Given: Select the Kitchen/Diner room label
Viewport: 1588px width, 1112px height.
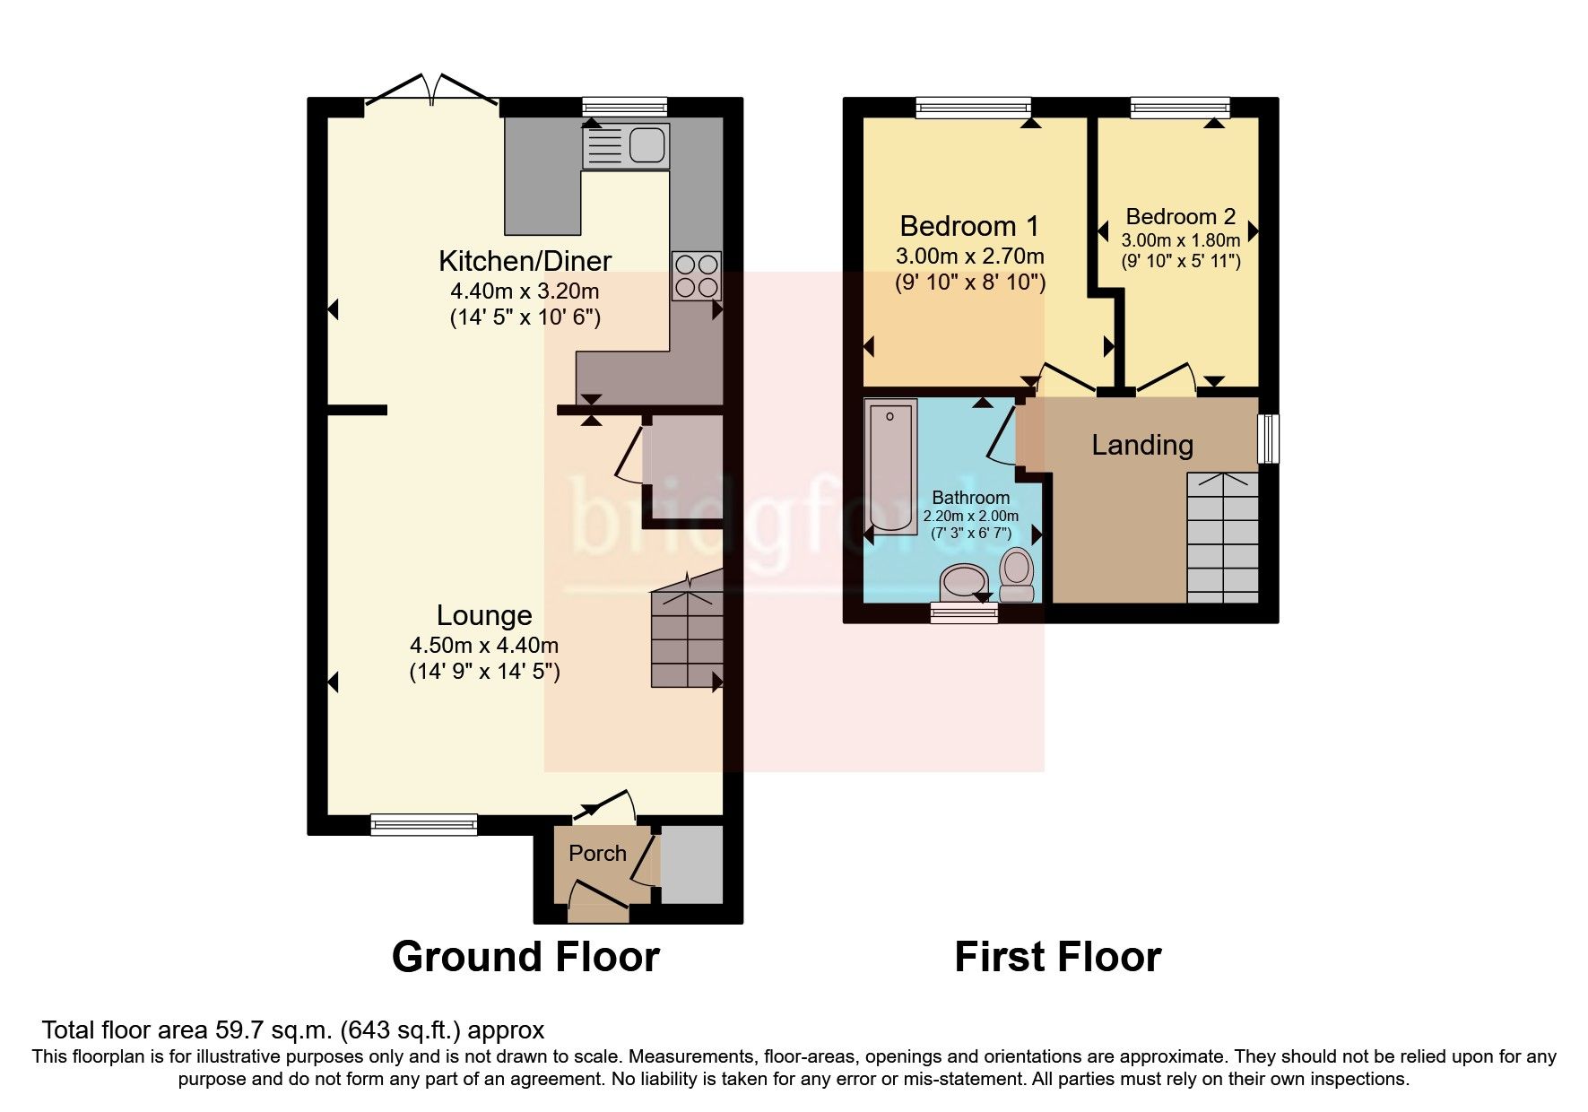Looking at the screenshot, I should click(x=525, y=261).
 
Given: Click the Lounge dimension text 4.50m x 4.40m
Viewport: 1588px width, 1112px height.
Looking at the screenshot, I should click(x=484, y=645).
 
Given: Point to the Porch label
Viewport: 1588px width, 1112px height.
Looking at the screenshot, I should click(x=597, y=853).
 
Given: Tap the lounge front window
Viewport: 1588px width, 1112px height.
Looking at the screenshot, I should click(x=424, y=825).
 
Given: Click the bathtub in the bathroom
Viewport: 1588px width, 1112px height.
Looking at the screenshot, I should click(x=890, y=465).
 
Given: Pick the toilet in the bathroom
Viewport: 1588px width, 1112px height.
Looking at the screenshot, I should click(x=1017, y=575).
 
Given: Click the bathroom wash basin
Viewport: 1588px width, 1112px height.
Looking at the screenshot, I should click(x=962, y=584).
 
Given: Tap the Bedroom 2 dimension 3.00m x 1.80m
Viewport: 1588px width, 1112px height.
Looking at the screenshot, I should click(x=1180, y=240).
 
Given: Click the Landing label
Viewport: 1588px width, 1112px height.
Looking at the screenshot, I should click(x=1141, y=445).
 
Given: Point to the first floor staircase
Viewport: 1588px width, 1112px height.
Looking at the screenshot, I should click(x=1223, y=538).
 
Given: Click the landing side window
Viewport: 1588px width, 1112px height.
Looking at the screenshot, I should click(x=1268, y=439).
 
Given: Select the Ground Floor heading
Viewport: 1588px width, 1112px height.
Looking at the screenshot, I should click(x=525, y=957).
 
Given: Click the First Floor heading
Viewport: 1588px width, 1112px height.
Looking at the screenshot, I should click(x=1057, y=957).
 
